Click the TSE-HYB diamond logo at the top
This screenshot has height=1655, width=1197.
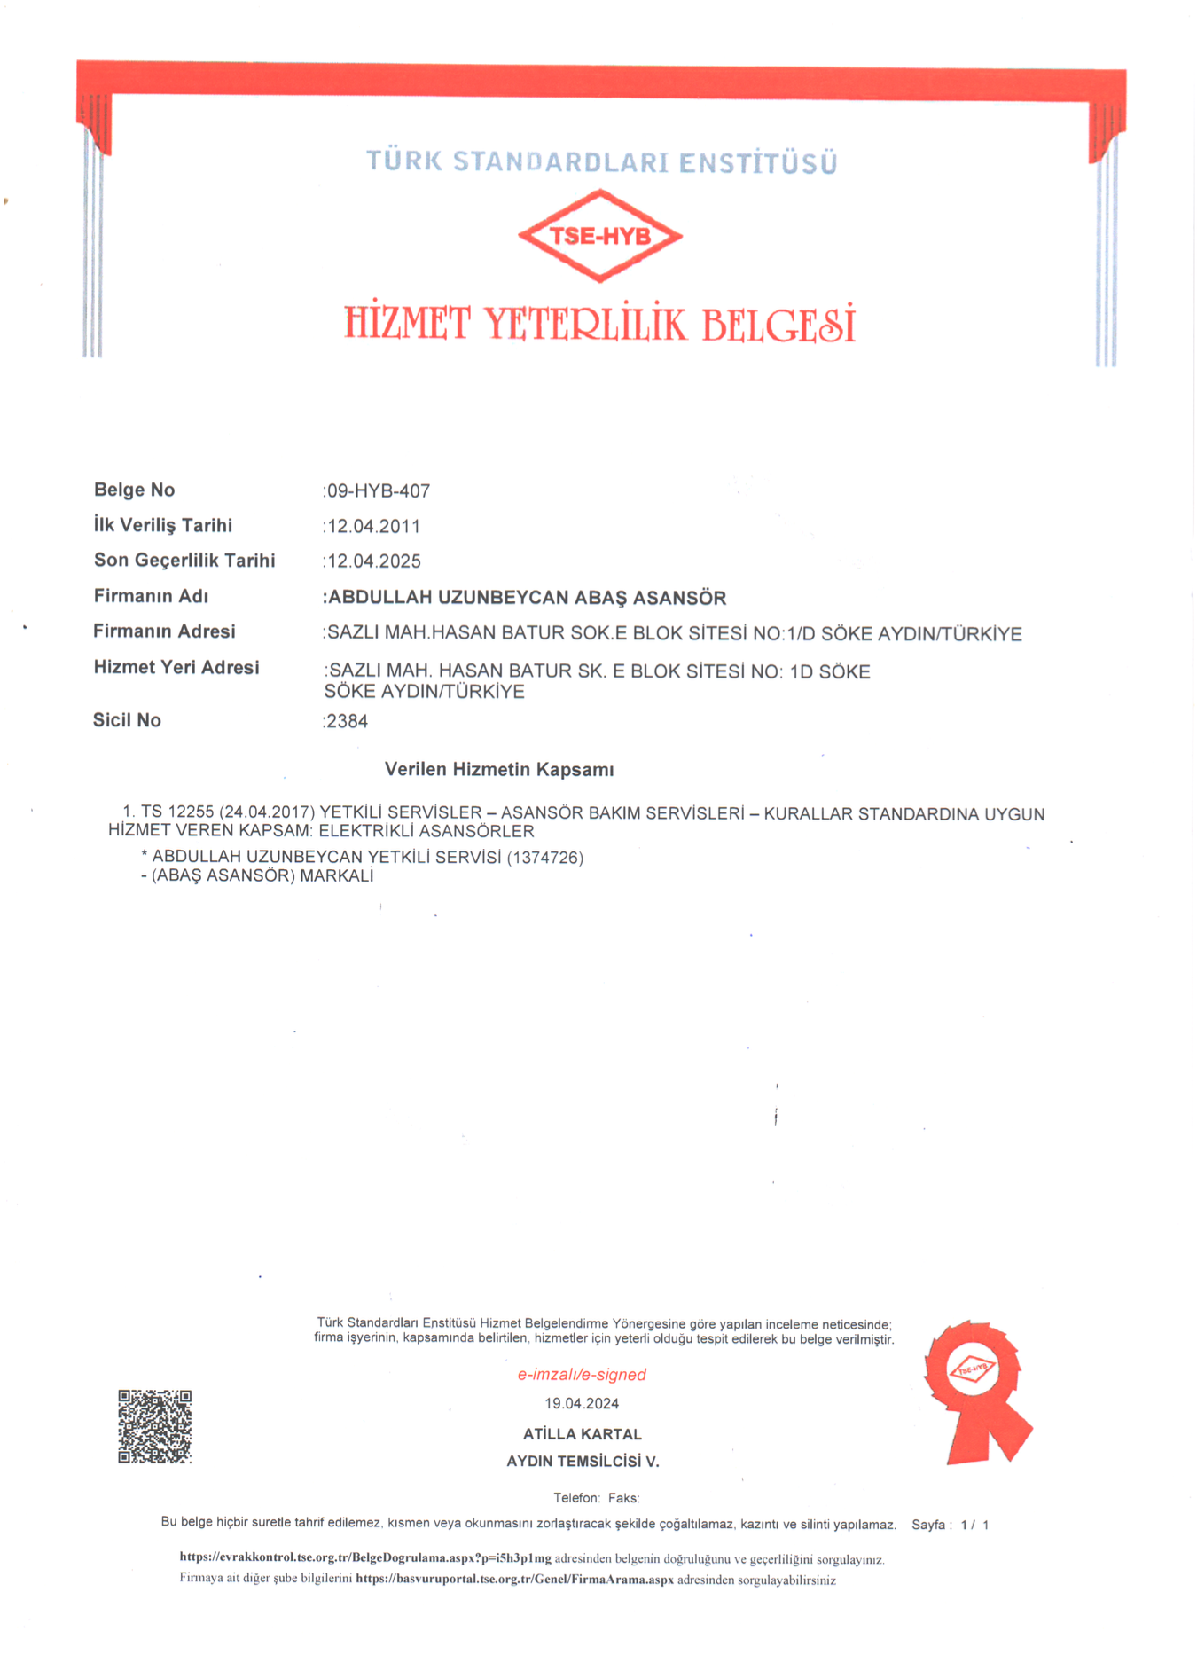(x=600, y=236)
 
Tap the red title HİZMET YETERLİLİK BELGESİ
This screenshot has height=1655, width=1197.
(x=600, y=324)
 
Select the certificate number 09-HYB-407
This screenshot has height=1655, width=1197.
(x=379, y=490)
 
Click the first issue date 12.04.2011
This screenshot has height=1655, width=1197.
(x=373, y=526)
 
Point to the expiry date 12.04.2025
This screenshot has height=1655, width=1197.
(x=373, y=561)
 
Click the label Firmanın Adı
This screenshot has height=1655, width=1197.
(x=151, y=596)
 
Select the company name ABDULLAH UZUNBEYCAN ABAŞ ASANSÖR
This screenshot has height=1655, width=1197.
(x=527, y=598)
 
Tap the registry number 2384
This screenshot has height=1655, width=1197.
(x=347, y=721)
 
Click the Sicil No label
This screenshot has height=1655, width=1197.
(x=127, y=720)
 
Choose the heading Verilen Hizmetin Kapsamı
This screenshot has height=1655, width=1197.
(x=499, y=769)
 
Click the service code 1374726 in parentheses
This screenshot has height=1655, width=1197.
(x=544, y=858)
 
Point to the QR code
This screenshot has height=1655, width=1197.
(x=155, y=1426)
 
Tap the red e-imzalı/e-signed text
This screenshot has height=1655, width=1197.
(x=582, y=1374)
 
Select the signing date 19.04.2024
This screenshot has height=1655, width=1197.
(x=582, y=1403)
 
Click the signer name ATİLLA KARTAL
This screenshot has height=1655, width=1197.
(x=582, y=1433)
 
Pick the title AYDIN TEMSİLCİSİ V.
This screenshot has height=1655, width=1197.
(x=582, y=1461)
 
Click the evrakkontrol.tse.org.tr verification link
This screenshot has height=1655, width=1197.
(x=365, y=1557)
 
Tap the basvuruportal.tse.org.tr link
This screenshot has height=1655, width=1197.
(x=514, y=1579)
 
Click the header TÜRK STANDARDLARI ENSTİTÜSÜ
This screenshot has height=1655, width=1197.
(x=601, y=162)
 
